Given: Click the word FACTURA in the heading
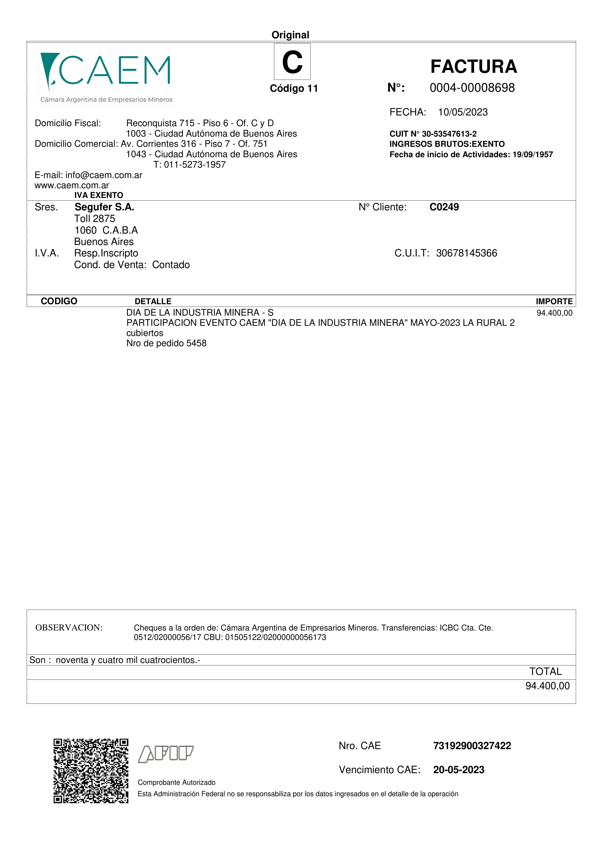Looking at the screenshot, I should pos(473,67).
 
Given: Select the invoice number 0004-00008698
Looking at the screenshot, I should pos(472,88).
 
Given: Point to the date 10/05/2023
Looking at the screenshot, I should pos(463,112).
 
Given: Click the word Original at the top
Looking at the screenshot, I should pos(290,35).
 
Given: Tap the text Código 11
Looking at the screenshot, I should pos(294,89).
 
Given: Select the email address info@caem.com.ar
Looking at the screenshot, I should pos(104,175).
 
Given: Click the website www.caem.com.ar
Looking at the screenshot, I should pos(72,185).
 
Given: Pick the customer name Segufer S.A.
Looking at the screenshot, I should pos(104,207).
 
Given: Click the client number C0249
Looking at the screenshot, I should pos(444,207).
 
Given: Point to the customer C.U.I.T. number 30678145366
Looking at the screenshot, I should pos(466,253).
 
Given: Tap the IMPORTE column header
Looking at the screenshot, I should pos(554,301).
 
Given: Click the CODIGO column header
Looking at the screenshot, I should pos(59,301).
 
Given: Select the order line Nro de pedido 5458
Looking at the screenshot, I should pos(166,343).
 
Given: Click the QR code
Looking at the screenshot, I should pos(91,771).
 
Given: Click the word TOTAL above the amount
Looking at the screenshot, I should pos(545,672).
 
